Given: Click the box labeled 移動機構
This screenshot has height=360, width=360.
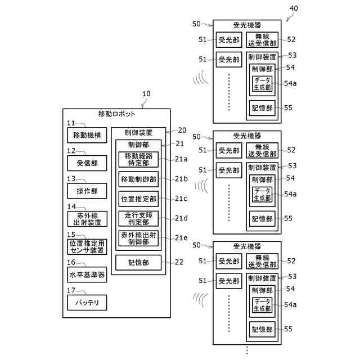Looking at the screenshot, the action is (x=87, y=135).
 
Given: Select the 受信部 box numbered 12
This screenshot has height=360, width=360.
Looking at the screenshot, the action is (x=87, y=163).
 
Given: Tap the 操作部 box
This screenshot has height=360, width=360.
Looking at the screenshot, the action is (x=87, y=191).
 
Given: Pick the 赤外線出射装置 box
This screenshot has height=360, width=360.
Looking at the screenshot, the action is (x=87, y=219).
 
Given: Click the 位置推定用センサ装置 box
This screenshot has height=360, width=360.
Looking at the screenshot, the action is (x=87, y=246).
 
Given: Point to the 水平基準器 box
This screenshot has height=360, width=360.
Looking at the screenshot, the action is (x=87, y=274).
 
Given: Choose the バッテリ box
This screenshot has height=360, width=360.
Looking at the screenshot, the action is (x=87, y=303).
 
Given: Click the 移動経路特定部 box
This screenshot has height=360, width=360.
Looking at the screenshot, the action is (x=138, y=159).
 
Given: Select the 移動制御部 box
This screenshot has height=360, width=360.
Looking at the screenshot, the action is (x=138, y=179).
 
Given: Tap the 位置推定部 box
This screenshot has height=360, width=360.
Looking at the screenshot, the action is (x=138, y=199).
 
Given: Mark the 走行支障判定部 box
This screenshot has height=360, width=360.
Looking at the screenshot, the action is (x=138, y=219).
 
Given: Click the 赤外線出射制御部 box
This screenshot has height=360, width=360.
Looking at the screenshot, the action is (x=138, y=238).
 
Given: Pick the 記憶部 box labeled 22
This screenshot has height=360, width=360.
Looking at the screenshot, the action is (x=138, y=263).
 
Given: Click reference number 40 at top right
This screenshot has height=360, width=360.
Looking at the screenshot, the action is (x=294, y=8).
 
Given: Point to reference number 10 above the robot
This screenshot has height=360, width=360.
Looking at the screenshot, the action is (x=146, y=94).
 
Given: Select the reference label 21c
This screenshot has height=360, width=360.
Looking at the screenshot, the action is (x=181, y=199).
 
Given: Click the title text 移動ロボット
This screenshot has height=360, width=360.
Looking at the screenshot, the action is (x=116, y=114).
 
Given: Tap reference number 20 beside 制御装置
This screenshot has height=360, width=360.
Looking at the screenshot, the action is (x=182, y=130).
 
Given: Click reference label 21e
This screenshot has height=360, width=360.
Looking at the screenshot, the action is (x=181, y=238).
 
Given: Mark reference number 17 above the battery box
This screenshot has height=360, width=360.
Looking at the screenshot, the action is (x=71, y=290).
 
